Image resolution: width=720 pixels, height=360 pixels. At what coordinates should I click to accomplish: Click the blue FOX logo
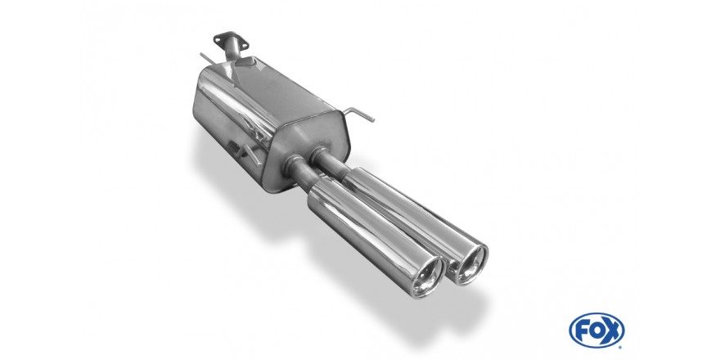(596, 331)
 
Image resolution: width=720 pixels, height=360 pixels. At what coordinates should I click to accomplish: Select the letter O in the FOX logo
(596, 331)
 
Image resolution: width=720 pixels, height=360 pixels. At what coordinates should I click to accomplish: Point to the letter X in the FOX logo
(611, 331)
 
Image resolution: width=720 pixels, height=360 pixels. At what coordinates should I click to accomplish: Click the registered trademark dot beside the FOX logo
(621, 346)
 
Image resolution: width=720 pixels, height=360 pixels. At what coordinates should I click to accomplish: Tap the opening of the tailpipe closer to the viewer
(427, 277)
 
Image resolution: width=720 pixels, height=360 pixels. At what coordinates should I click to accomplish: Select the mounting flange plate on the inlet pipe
(231, 40)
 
